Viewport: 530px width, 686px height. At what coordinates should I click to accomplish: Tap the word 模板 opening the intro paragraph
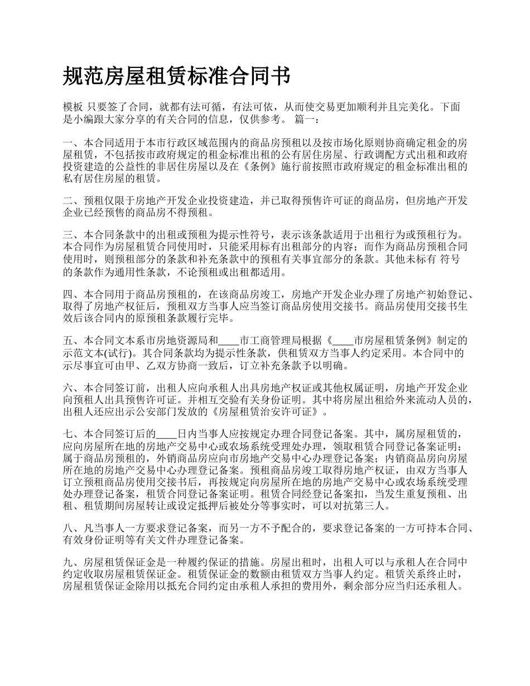pyautogui.click(x=74, y=107)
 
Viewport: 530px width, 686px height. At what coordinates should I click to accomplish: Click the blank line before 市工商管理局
pyautogui.click(x=229, y=340)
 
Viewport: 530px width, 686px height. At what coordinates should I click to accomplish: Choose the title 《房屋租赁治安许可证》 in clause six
pyautogui.click(x=267, y=413)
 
